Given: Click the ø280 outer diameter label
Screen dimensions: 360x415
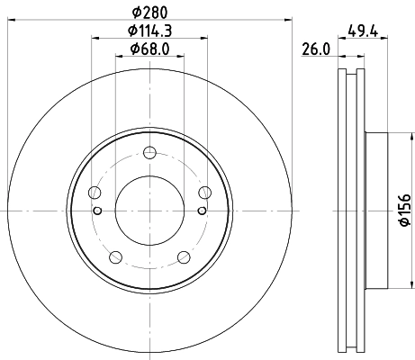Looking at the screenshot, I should [149, 12].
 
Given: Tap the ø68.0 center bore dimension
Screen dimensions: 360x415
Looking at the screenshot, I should [149, 49].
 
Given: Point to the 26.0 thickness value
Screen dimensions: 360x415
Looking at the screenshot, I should [313, 51].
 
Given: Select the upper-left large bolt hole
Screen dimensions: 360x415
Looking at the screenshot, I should [95, 191].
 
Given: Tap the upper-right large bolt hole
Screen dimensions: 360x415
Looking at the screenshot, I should [204, 191].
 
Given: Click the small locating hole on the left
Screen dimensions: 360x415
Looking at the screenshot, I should [96, 209].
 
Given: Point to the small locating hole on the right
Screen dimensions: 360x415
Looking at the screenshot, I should [203, 209].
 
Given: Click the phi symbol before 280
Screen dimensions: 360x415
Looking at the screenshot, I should [135, 12].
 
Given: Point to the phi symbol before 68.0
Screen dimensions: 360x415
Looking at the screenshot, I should [134, 49].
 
